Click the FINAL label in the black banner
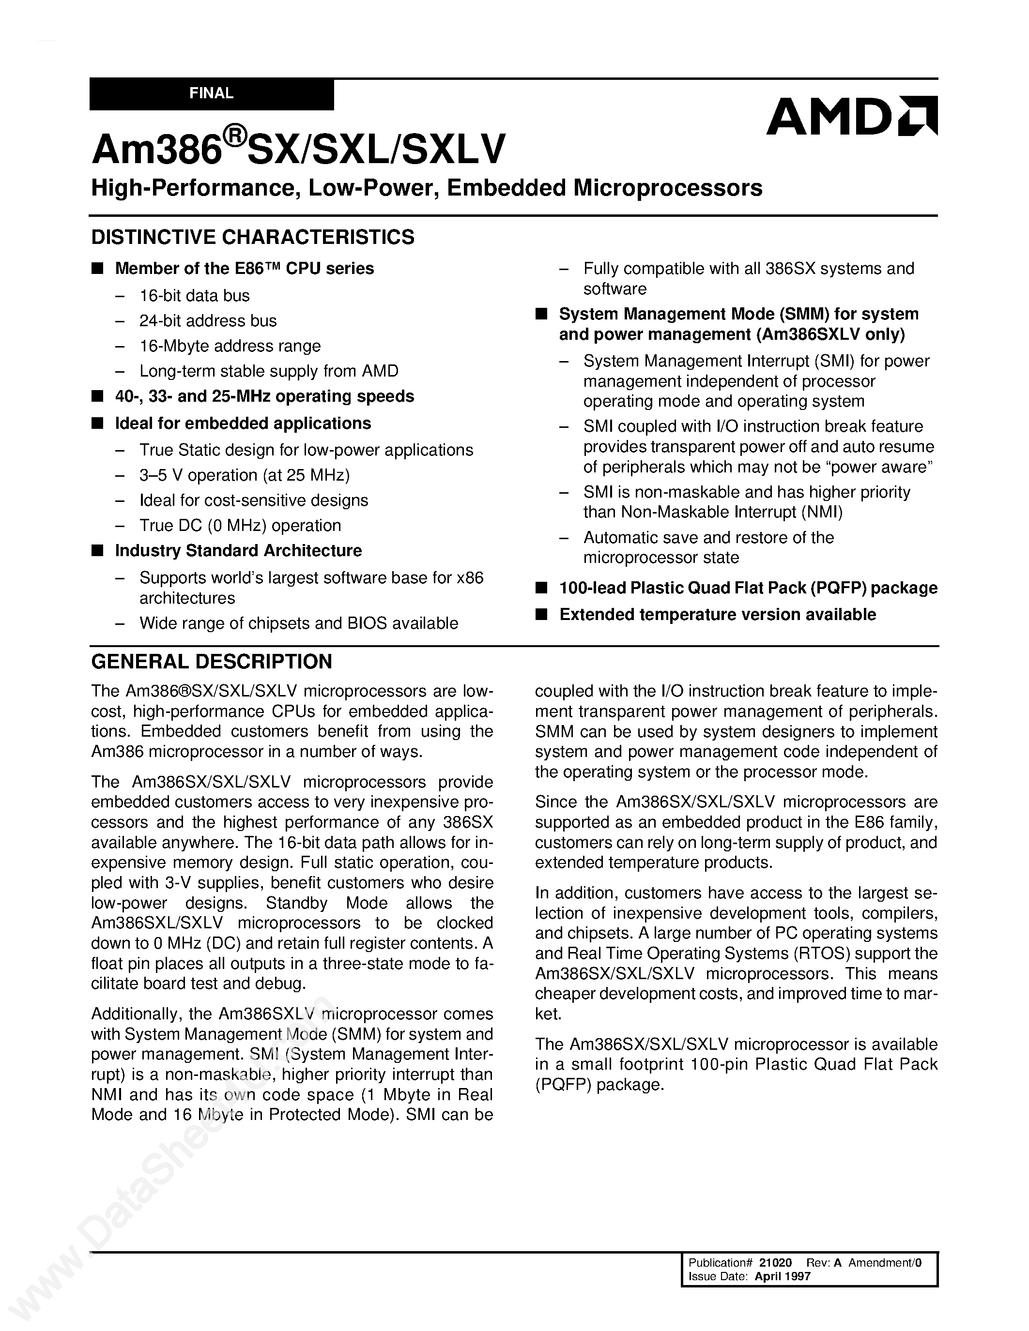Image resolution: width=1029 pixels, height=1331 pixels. (211, 93)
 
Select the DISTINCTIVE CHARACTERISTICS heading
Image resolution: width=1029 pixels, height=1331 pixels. (252, 237)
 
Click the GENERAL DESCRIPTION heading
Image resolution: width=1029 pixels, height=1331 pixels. (212, 661)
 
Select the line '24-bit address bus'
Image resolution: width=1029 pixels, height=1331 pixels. (208, 320)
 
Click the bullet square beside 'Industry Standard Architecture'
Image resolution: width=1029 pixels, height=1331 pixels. (97, 550)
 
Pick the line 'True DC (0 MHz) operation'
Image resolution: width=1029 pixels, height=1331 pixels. (240, 525)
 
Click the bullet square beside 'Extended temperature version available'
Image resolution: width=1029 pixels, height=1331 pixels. (541, 614)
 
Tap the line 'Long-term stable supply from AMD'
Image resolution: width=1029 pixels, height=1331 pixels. (269, 371)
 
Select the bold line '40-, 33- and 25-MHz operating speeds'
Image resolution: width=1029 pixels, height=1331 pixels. (264, 396)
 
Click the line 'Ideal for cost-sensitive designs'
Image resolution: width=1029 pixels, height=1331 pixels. (254, 500)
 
